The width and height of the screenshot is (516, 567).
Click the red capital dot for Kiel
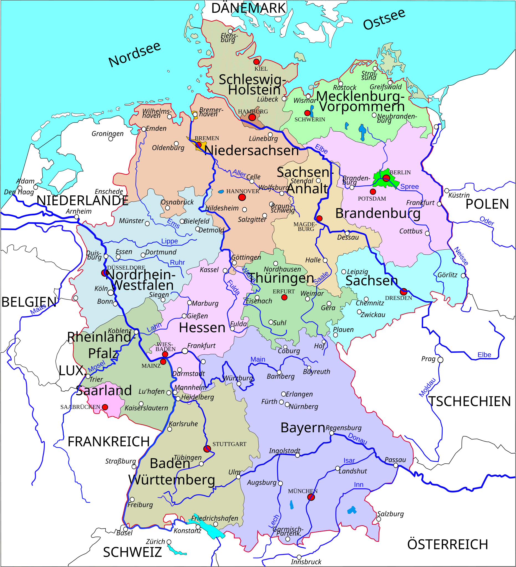click(x=256, y=62)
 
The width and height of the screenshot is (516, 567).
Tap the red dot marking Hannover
click(x=242, y=197)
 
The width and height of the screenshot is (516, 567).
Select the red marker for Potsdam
click(x=372, y=192)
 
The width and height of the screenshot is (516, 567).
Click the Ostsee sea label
click(x=384, y=19)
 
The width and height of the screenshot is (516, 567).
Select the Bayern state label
click(x=303, y=428)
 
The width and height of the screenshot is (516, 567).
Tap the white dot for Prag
click(x=440, y=360)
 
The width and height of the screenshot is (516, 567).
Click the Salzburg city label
click(x=390, y=514)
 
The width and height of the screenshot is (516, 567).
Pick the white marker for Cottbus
click(x=427, y=233)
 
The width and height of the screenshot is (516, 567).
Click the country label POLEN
click(x=487, y=204)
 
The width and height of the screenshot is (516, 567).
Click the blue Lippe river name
click(x=169, y=241)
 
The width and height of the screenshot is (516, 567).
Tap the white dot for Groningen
click(x=111, y=139)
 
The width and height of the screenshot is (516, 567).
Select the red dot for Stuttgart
click(x=207, y=449)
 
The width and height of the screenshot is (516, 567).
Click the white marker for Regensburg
click(x=331, y=433)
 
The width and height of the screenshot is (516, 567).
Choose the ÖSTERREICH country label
click(x=447, y=545)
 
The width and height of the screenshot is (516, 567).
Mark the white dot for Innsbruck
click(x=299, y=557)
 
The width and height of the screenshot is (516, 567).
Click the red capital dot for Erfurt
click(x=284, y=298)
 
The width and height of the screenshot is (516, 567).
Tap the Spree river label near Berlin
click(x=409, y=187)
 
